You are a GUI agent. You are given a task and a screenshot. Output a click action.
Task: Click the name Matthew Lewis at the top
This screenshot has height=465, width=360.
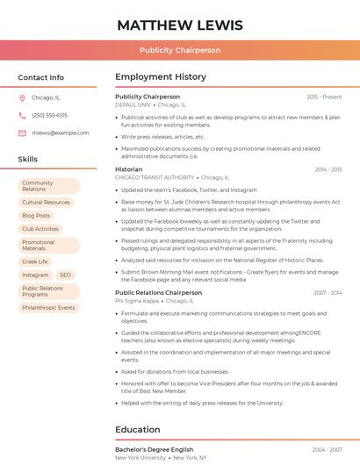click(x=180, y=25)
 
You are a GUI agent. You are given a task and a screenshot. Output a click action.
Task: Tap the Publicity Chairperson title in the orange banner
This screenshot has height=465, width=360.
click(x=180, y=50)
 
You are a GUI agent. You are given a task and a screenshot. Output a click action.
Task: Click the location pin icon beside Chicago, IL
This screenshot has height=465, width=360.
click(x=22, y=98)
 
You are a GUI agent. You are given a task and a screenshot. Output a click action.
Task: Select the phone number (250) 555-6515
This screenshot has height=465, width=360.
click(x=49, y=115)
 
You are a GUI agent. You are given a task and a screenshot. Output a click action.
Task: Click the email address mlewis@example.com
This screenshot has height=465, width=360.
click(x=60, y=132)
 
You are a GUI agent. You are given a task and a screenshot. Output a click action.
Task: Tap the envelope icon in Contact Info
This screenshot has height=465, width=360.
click(x=22, y=132)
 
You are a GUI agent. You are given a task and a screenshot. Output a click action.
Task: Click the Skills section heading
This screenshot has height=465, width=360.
click(x=28, y=159)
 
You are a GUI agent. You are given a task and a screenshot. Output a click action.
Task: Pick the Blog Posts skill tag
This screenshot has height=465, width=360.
click(x=36, y=215)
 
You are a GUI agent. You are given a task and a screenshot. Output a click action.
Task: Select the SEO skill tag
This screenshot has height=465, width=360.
click(x=65, y=275)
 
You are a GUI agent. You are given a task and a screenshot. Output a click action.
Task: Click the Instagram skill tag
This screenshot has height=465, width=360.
click(x=35, y=275)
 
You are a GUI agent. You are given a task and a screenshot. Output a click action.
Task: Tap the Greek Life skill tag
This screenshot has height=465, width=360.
click(x=35, y=261)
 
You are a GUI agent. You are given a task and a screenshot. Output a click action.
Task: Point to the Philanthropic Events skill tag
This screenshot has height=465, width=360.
click(x=48, y=308)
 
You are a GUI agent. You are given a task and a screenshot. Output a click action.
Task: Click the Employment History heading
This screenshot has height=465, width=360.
click(x=161, y=77)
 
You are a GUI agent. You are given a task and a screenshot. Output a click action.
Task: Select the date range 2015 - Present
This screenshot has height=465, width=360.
click(x=324, y=97)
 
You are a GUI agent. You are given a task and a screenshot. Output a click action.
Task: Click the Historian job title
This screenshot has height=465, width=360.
click(x=128, y=169)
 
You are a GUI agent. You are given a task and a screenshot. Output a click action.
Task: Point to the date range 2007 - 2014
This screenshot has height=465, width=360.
click(x=327, y=293)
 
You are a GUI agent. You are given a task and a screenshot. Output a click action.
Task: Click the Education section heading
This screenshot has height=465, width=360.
click(x=139, y=430)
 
